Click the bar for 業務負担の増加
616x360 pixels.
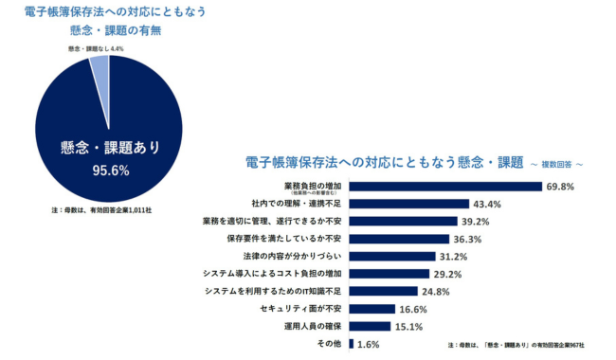pos(446,187)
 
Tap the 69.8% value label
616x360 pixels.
pos(560,187)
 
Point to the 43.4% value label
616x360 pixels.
pos(488,204)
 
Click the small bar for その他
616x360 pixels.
pos(353,343)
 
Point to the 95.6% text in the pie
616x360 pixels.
pos(106,171)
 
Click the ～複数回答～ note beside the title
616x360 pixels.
pos(555,163)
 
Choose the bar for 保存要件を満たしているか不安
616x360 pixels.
pos(399,239)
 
